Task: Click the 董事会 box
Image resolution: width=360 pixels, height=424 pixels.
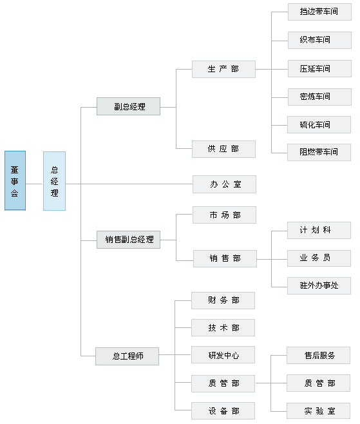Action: [15, 180]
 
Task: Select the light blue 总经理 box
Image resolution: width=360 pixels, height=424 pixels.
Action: [54, 181]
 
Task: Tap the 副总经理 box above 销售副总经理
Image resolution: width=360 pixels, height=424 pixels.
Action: [128, 106]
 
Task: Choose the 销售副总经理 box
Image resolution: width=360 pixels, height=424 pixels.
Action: [128, 240]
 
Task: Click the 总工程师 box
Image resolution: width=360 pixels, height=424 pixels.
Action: [127, 356]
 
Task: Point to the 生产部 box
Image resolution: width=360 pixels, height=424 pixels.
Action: [223, 69]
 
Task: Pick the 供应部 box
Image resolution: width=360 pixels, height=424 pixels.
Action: [223, 149]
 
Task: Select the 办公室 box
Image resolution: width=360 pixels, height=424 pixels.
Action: [224, 184]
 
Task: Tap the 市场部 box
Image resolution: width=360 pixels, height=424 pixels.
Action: [224, 215]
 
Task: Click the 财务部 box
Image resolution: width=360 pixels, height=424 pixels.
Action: [223, 300]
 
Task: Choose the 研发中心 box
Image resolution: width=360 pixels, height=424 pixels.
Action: [223, 355]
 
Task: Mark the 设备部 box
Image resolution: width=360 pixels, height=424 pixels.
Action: [223, 410]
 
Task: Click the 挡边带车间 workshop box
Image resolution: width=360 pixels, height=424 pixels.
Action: [319, 12]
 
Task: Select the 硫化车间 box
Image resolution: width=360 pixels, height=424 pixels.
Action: [319, 124]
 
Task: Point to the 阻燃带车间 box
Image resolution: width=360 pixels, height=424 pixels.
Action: [319, 153]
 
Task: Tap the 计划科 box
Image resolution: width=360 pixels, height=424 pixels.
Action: [319, 231]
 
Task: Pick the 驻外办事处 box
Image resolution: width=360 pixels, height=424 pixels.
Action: [319, 285]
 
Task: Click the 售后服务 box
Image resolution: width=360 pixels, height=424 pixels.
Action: [318, 355]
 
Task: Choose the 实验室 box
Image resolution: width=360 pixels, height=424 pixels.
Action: [318, 411]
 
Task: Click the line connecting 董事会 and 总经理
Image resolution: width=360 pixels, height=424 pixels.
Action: [34, 184]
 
